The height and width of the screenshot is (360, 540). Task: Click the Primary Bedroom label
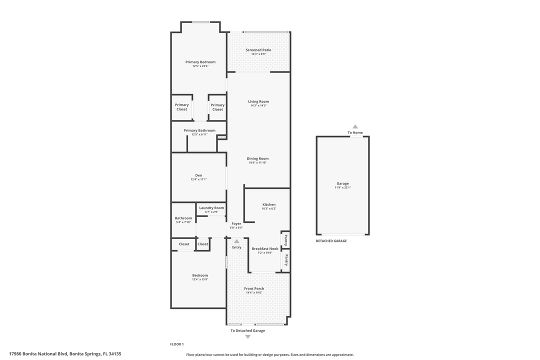pos(200,62)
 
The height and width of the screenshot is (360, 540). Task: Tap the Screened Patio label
pos(258,50)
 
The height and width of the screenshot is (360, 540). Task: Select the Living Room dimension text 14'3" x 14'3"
pos(258,105)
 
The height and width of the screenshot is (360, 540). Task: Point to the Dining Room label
pos(257,158)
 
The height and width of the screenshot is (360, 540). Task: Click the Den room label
pos(198,175)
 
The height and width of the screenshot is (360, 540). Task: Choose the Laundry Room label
pos(211,208)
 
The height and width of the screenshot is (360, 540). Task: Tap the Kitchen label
pos(269,204)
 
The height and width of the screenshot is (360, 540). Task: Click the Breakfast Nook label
pos(265,248)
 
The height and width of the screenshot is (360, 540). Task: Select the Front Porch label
pos(254,288)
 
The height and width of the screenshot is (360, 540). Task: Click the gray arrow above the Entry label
pos(236,241)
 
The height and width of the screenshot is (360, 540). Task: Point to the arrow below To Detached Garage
pos(247,336)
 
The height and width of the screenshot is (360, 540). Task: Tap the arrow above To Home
pos(355,126)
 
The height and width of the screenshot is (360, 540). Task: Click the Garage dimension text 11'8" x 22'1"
pos(343,187)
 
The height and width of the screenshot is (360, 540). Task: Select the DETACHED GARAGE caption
pos(331,241)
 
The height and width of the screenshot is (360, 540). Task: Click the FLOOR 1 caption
pos(177,344)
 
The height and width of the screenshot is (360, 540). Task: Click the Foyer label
pos(236,223)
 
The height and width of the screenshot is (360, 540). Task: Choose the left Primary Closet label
pos(182,107)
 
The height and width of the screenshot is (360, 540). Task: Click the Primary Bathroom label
pos(199,130)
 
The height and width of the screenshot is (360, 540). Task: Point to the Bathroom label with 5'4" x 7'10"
pos(183,218)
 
